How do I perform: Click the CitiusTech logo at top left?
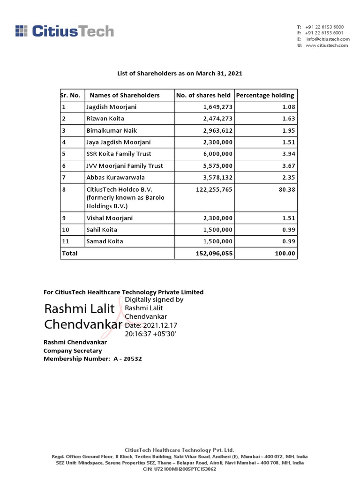click(64, 31)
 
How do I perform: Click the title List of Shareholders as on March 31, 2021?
click(180, 74)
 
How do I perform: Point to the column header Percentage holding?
click(265, 95)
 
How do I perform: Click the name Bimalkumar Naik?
click(112, 130)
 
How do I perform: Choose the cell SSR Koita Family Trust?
click(119, 154)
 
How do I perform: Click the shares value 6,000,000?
click(215, 154)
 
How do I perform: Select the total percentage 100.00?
click(285, 253)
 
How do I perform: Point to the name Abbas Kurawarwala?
click(115, 177)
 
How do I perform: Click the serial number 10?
click(66, 230)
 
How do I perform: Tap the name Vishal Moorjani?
click(110, 218)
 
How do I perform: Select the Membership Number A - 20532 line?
click(92, 359)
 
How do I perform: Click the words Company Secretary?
click(73, 351)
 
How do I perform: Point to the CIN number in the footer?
click(180, 469)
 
